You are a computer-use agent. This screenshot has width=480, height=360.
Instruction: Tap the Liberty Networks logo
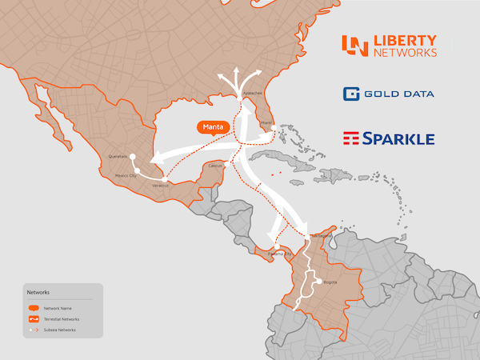coord(389,46)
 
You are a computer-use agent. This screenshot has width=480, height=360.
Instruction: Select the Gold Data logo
coord(389,94)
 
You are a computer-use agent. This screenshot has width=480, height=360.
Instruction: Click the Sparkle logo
coord(389,138)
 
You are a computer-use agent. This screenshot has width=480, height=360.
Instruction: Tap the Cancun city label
coord(214,166)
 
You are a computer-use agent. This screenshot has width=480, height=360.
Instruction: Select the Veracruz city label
coord(161,186)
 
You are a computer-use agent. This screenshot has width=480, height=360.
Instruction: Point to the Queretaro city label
coord(118,157)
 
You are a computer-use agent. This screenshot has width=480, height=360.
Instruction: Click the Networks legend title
coord(38,293)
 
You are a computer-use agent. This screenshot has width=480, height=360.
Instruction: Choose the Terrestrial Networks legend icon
coord(34,318)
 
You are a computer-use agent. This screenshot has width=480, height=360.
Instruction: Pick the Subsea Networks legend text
coord(60,330)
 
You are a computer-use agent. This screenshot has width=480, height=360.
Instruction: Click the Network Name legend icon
coord(34,308)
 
